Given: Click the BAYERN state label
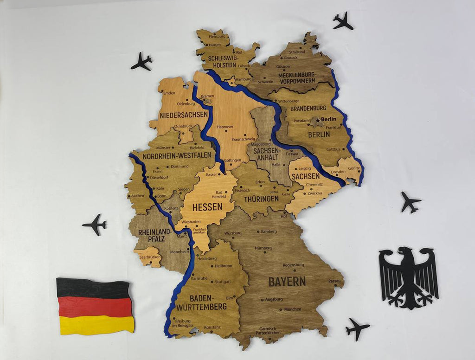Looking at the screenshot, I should click(287, 281).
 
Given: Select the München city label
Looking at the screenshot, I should click(293, 309).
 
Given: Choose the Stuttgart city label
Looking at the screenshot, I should click(223, 281).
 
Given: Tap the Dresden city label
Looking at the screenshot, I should click(338, 171).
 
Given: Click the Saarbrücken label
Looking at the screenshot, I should click(150, 257).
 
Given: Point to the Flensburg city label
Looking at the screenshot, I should click(217, 36).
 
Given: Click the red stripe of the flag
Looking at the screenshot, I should click(95, 307).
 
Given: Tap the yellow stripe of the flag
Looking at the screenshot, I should click(97, 325).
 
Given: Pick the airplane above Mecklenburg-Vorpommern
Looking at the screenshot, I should click(343, 21).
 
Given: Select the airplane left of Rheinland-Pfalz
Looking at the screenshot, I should click(95, 225).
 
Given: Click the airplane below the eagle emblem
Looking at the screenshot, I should click(357, 328).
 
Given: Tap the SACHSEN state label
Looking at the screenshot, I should click(306, 176).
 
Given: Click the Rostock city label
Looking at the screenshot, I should click(291, 58).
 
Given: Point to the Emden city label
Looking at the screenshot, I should click(169, 93).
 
